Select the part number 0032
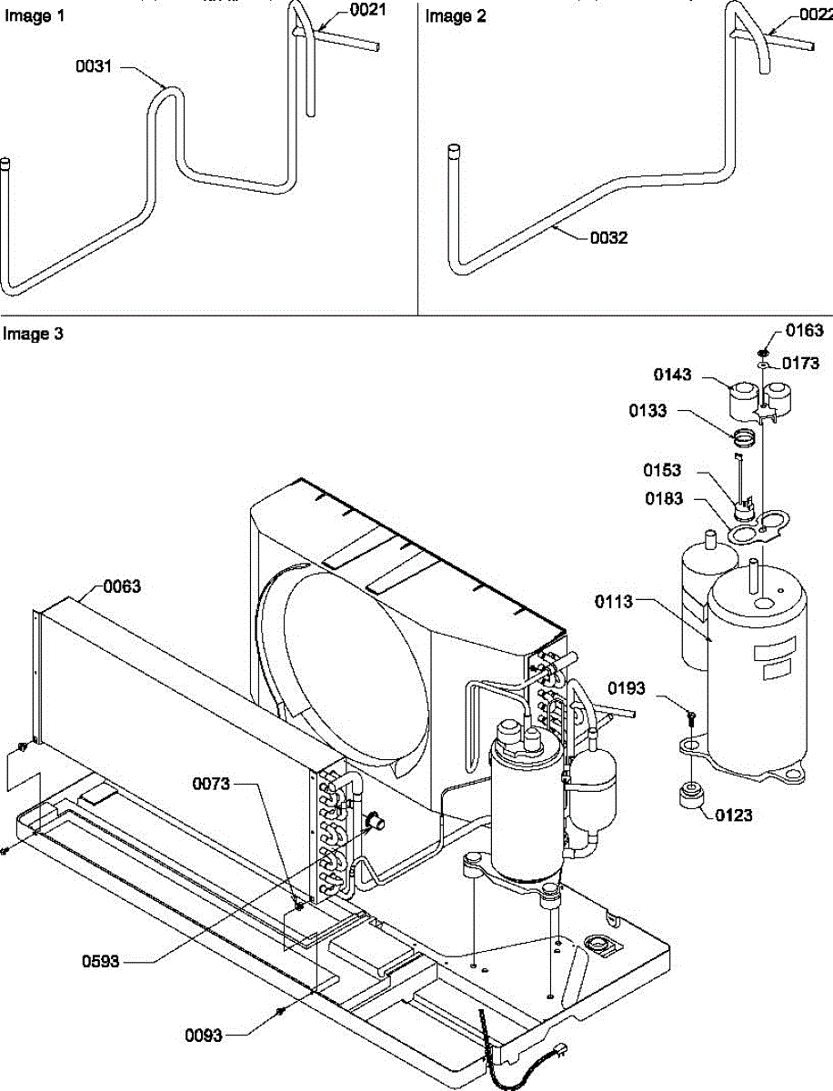tap(608, 238)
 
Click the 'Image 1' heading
tap(28, 15)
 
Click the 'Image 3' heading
tap(33, 334)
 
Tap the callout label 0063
tap(121, 586)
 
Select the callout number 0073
tap(211, 784)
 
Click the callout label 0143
tap(672, 375)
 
